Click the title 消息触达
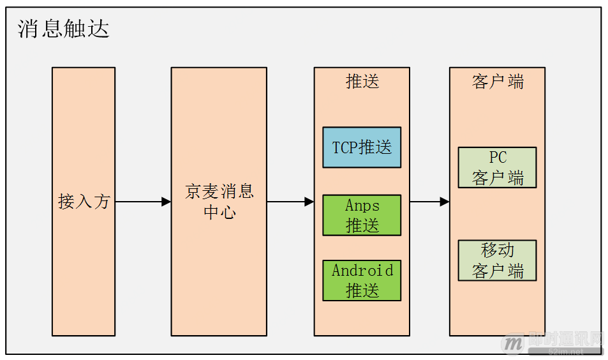tap(64, 29)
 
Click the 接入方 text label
tap(84, 202)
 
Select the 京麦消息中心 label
tap(219, 202)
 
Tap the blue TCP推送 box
tap(362, 147)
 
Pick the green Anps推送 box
tap(362, 215)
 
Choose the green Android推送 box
tap(362, 280)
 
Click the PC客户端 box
tap(497, 167)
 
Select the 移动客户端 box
tap(497, 260)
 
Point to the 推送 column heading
tap(362, 82)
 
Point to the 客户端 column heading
tap(497, 82)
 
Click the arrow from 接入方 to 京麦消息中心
tap(143, 202)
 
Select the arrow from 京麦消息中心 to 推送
tap(290, 202)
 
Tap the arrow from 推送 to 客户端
tap(429, 202)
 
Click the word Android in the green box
tap(362, 271)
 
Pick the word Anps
tap(362, 206)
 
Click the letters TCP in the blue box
tap(345, 147)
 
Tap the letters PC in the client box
tap(497, 158)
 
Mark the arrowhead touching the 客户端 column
tap(445, 202)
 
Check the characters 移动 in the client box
tap(497, 250)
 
